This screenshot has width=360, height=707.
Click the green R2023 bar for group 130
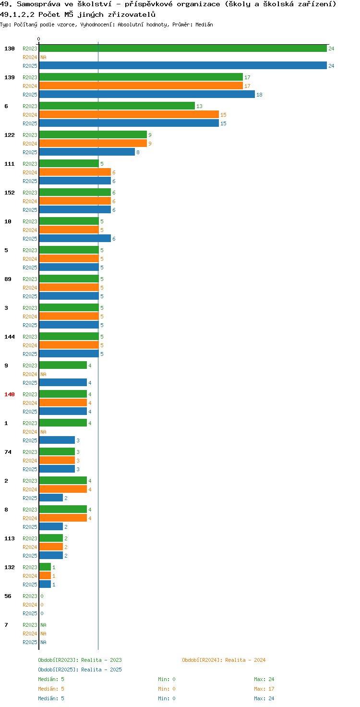click(183, 49)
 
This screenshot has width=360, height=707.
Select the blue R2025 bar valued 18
click(147, 94)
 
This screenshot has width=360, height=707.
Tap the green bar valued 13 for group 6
click(117, 106)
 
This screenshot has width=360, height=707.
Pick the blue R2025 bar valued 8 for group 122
click(87, 152)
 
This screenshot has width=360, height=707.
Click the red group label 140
click(10, 394)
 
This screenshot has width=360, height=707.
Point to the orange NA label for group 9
click(43, 374)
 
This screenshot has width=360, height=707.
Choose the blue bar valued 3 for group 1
click(57, 440)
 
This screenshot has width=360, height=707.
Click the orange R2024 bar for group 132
click(45, 576)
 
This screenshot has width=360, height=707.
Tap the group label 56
click(8, 596)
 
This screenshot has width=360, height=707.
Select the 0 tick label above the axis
click(38, 39)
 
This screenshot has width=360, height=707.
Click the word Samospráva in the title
click(38, 4)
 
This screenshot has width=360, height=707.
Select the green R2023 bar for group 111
click(69, 163)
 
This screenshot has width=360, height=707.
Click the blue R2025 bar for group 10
click(75, 239)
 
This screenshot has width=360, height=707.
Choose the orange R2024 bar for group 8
click(63, 518)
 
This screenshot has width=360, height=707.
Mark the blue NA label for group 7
click(43, 642)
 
